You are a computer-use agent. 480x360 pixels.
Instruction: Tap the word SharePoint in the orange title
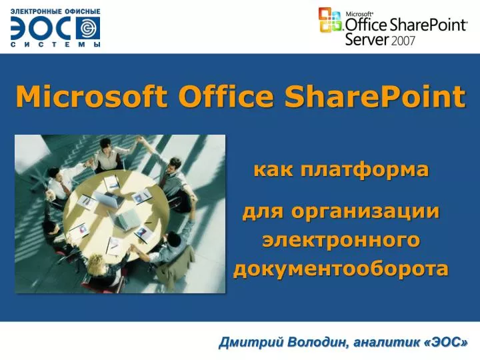(x=375, y=97)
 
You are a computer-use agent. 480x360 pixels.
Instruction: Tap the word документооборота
(x=341, y=269)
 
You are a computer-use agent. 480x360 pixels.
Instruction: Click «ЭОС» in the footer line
(x=446, y=342)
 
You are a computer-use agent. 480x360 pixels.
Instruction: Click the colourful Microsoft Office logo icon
(x=329, y=20)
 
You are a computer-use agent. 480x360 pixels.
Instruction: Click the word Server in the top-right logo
(x=366, y=39)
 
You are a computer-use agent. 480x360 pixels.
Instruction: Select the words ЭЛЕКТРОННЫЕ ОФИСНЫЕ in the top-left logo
(x=55, y=11)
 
